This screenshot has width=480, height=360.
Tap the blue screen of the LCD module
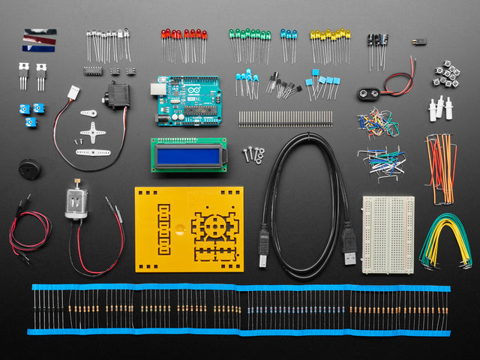187,155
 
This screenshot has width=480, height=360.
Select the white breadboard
387,234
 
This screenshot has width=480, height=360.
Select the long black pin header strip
285,118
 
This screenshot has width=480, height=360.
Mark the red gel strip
39,40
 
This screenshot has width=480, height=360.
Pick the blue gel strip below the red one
38,48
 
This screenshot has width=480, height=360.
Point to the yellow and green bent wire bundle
445,241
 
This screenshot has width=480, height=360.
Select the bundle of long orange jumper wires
441,166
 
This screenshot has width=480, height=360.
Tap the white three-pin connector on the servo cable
73,93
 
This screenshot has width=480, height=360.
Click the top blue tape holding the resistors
240,287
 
